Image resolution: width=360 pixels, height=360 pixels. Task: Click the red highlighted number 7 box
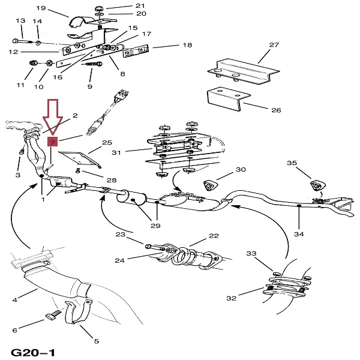tap(52, 142)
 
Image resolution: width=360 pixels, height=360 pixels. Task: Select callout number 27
tap(274, 45)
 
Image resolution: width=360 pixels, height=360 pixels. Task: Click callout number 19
tap(41, 8)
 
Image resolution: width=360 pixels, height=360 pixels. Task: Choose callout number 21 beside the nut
tap(140, 5)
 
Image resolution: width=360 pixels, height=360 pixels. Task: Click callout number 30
tap(241, 170)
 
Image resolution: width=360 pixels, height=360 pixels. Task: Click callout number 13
tap(20, 22)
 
